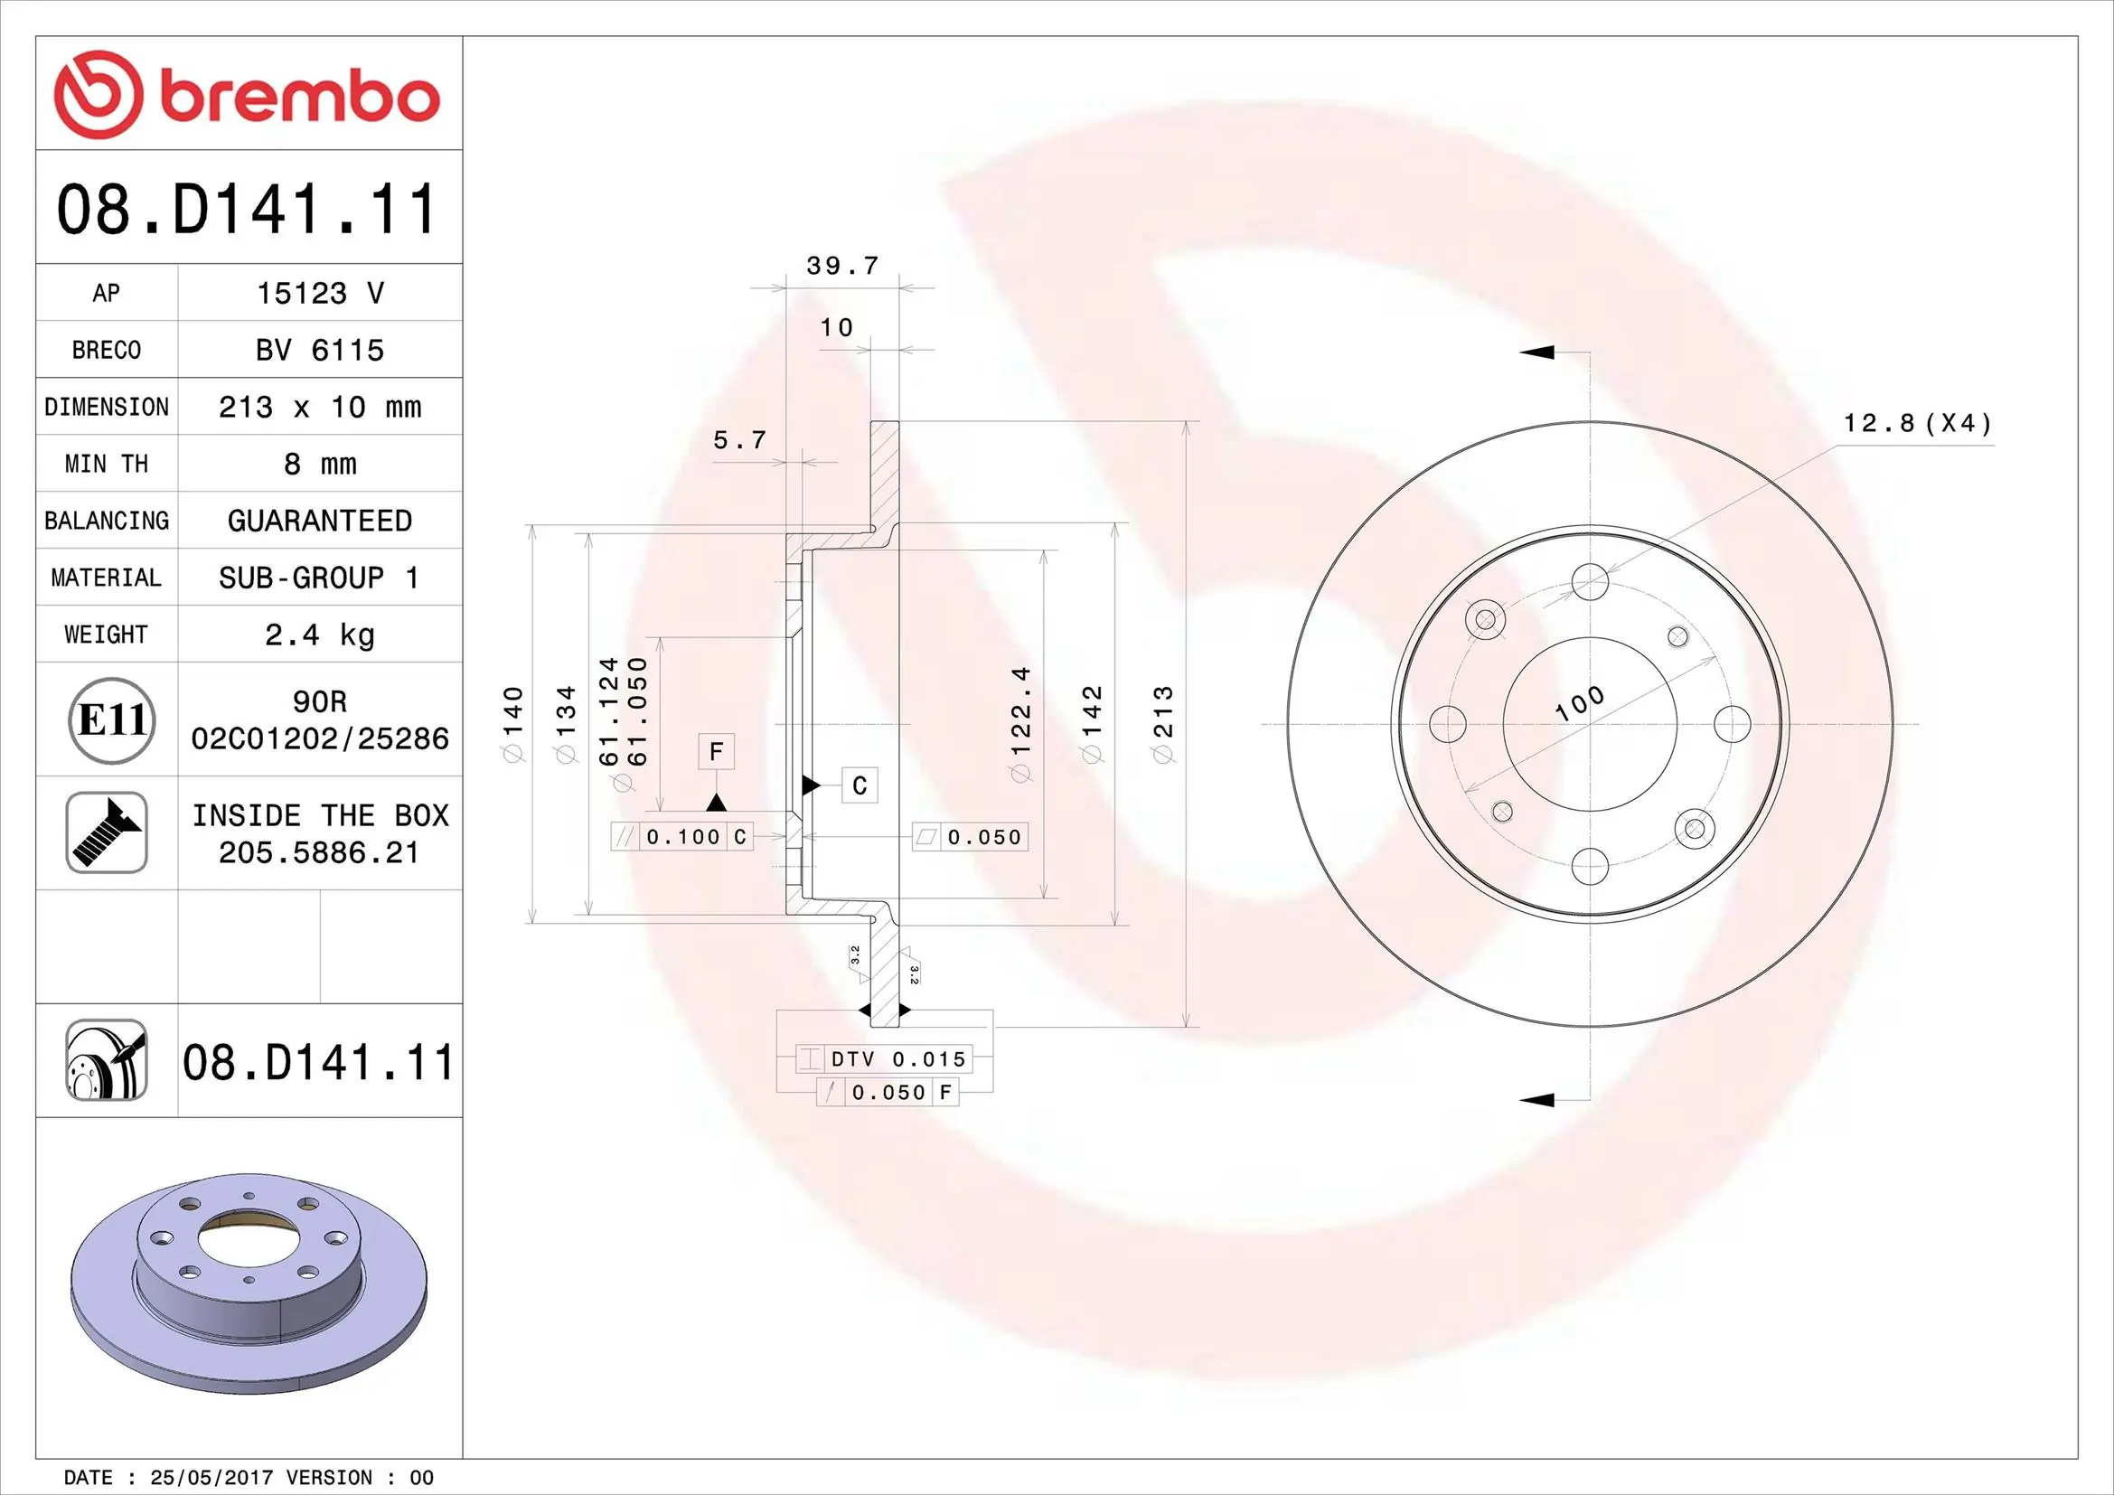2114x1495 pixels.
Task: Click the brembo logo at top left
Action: (x=246, y=96)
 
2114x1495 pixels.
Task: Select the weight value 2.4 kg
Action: (x=319, y=635)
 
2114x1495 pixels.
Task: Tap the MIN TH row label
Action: (x=106, y=464)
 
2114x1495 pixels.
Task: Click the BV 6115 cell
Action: (x=319, y=351)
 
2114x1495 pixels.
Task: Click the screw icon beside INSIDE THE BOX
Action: (x=107, y=832)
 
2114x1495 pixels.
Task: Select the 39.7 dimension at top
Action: (x=841, y=266)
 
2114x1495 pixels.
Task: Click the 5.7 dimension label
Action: (x=739, y=440)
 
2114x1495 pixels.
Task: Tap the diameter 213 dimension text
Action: (x=1164, y=724)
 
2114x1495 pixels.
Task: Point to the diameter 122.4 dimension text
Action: (x=1021, y=724)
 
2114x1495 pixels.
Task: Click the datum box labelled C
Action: (x=859, y=785)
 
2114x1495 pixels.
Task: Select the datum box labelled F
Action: (x=717, y=752)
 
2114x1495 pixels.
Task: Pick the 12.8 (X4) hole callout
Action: (x=1917, y=423)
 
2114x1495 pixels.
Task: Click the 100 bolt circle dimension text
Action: (x=1578, y=703)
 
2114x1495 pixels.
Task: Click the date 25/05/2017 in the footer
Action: (x=211, y=1478)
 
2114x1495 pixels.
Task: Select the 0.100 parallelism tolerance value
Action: (x=682, y=837)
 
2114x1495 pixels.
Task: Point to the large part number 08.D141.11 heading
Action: (x=246, y=209)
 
